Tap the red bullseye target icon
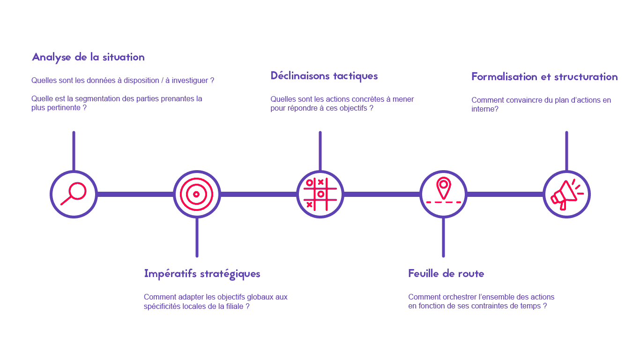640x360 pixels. [x=197, y=195]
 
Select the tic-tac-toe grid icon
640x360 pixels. [x=320, y=195]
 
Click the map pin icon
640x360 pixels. [x=443, y=188]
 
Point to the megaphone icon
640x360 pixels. [x=566, y=195]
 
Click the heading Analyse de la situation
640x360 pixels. [x=88, y=57]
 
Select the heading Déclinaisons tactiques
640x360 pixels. [x=324, y=76]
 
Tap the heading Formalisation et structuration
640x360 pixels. [x=544, y=76]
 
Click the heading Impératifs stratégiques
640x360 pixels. [x=202, y=274]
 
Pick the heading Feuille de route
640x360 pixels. [x=446, y=274]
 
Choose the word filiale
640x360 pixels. [x=235, y=306]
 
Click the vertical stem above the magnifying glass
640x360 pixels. [x=74, y=151]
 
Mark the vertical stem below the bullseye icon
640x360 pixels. [x=197, y=237]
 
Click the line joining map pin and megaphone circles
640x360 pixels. [x=505, y=195]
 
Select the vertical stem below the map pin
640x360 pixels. [x=443, y=237]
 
